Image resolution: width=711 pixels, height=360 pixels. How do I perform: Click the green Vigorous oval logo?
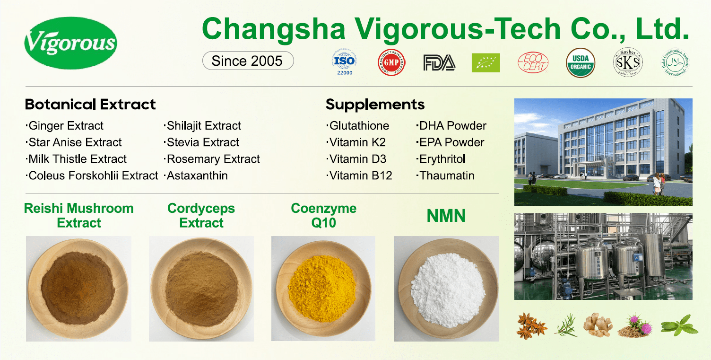coord(70,42)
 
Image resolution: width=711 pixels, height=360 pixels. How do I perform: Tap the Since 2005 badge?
coord(248,61)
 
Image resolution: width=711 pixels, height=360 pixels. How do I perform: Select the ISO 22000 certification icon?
coord(344,62)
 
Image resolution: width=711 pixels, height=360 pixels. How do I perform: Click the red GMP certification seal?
coord(391,62)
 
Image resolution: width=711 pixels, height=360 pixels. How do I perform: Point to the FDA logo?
coord(439,62)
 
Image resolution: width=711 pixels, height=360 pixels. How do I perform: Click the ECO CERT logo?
coord(533,62)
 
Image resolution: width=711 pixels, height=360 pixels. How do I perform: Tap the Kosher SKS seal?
coord(628,62)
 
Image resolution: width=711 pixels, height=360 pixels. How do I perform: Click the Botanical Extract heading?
coord(90,104)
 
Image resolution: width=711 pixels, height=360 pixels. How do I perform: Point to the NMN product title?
coord(446,216)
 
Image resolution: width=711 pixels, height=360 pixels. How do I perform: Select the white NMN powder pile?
coord(446,289)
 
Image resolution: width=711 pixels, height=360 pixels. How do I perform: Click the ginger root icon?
coord(598,325)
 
